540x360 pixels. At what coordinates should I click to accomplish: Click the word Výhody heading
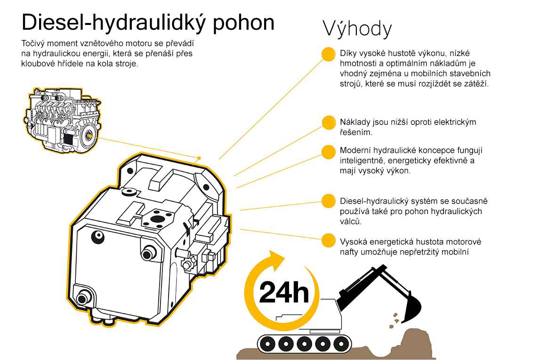pyautogui.click(x=357, y=29)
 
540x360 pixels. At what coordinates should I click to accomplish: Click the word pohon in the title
pyautogui.click(x=243, y=23)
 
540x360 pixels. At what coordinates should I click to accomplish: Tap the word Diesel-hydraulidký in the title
pyautogui.click(x=113, y=23)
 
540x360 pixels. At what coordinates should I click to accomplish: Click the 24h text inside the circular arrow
pyautogui.click(x=284, y=292)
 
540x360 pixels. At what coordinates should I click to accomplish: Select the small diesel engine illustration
pyautogui.click(x=62, y=120)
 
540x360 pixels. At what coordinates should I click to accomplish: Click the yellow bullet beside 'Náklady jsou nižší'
pyautogui.click(x=329, y=122)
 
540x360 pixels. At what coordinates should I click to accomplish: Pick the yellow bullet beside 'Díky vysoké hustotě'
pyautogui.click(x=329, y=55)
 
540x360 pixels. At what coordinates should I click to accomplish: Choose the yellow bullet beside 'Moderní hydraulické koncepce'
pyautogui.click(x=329, y=152)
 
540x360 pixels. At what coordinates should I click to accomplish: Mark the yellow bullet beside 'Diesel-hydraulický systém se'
pyautogui.click(x=329, y=201)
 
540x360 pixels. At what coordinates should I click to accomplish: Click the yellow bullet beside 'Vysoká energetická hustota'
pyautogui.click(x=329, y=240)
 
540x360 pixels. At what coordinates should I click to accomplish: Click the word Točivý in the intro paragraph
pyautogui.click(x=32, y=44)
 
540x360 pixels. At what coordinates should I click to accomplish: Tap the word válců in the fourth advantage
pyautogui.click(x=351, y=221)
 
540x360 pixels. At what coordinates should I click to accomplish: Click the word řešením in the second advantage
pyautogui.click(x=356, y=133)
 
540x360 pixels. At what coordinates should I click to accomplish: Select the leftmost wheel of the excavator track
pyautogui.click(x=267, y=344)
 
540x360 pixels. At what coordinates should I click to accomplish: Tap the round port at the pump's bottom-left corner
pyautogui.click(x=82, y=297)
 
